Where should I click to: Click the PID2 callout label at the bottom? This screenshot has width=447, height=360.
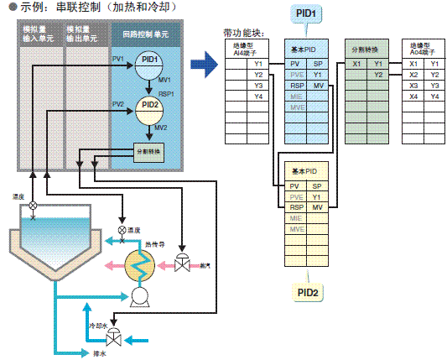pos(307,292)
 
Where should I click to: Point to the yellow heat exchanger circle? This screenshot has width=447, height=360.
pos(138,263)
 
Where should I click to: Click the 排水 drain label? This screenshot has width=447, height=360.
pos(100,353)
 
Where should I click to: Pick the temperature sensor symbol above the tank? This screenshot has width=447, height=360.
pos(33,205)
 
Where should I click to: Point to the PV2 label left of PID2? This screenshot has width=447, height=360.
pos(117,105)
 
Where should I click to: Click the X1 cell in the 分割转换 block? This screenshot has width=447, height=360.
pos(357,64)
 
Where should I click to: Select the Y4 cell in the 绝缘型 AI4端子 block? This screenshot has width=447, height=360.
pos(257,96)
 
